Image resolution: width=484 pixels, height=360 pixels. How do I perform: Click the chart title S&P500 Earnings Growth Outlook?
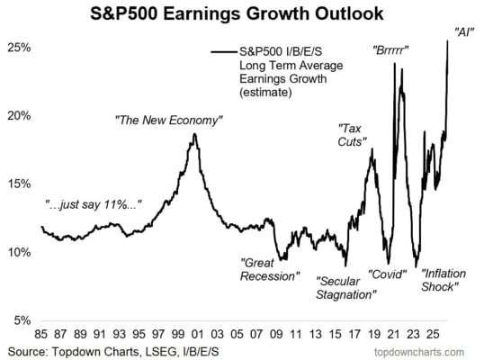[237, 13]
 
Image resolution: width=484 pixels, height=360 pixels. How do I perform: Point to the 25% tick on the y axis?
[19, 48]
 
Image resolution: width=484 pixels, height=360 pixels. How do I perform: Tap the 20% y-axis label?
[19, 116]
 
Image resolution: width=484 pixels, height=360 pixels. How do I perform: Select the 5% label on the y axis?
[22, 320]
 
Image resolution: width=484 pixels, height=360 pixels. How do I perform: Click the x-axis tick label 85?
[41, 334]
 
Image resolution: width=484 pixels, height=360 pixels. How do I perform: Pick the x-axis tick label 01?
[198, 334]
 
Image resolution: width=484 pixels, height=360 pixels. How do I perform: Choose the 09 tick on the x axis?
[276, 334]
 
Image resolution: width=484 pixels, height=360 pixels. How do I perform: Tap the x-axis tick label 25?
[433, 334]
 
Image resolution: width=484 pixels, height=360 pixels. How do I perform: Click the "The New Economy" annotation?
[168, 120]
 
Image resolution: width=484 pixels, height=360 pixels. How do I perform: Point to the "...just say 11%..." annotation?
[94, 204]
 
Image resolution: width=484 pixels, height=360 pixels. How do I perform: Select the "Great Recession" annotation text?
[270, 269]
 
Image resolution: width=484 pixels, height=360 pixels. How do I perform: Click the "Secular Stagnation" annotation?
[346, 288]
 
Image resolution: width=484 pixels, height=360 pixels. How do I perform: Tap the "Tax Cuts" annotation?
[352, 135]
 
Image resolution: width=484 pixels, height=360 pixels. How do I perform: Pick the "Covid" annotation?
[388, 274]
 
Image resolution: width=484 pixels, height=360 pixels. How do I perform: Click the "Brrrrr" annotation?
[390, 49]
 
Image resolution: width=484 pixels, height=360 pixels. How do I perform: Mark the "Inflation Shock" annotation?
[444, 280]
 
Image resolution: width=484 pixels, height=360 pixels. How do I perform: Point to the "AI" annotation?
[464, 32]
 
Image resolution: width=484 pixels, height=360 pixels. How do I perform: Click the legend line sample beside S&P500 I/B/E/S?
[224, 52]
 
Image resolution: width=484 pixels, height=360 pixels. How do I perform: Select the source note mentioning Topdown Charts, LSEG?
[113, 352]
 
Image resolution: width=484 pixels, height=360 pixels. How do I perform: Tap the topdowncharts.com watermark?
[419, 352]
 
